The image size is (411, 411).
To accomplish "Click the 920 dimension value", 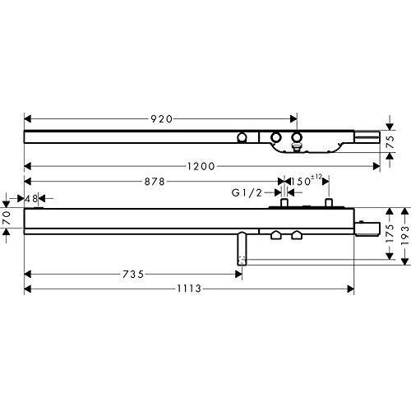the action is pos(162,119).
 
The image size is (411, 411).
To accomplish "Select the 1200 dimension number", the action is pos(201,166).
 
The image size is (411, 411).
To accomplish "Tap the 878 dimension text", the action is pos(155,182).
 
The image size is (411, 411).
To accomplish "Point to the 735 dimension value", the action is pos(133,274).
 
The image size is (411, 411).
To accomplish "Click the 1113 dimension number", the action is pos(189,289).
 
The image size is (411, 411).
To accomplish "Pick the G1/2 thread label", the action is pos(247,193).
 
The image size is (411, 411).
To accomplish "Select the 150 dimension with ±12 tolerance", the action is pos(306,181).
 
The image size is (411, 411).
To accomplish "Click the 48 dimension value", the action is pos(31,199).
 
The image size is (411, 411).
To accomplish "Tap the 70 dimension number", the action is pos(7,218).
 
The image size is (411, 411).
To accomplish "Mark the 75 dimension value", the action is pos(391,142).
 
